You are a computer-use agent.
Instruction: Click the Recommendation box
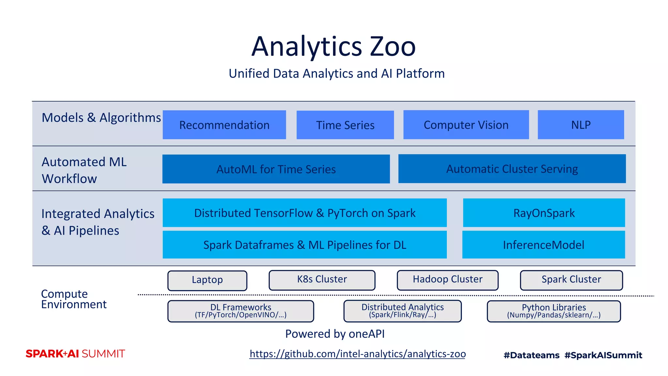[224, 125]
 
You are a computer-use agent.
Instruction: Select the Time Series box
[345, 125]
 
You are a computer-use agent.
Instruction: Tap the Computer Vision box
[466, 125]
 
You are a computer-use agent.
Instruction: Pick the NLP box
[581, 125]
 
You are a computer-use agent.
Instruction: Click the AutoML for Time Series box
[276, 169]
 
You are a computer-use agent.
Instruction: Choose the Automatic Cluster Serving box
[512, 169]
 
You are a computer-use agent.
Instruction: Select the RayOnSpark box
[544, 213]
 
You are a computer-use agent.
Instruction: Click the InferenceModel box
[543, 245]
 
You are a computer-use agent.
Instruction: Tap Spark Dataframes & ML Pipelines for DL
[305, 245]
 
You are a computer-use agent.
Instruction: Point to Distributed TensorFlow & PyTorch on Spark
[305, 213]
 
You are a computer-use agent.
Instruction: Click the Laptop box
[207, 280]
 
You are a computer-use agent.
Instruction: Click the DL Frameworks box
[241, 311]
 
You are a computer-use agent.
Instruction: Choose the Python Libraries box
[554, 311]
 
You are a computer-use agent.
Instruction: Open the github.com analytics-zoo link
[357, 354]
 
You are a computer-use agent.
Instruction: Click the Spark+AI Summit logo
[75, 354]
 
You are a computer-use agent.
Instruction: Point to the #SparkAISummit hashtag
[603, 355]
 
